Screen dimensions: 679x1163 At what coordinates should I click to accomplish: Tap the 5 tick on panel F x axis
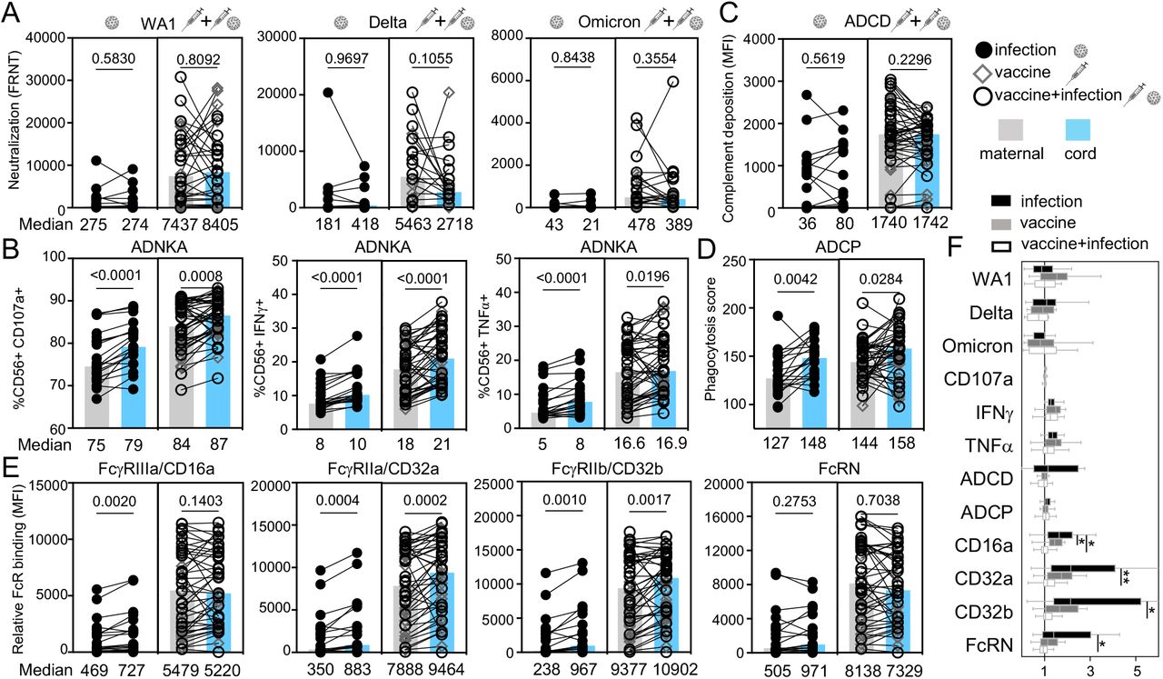[1136, 671]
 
